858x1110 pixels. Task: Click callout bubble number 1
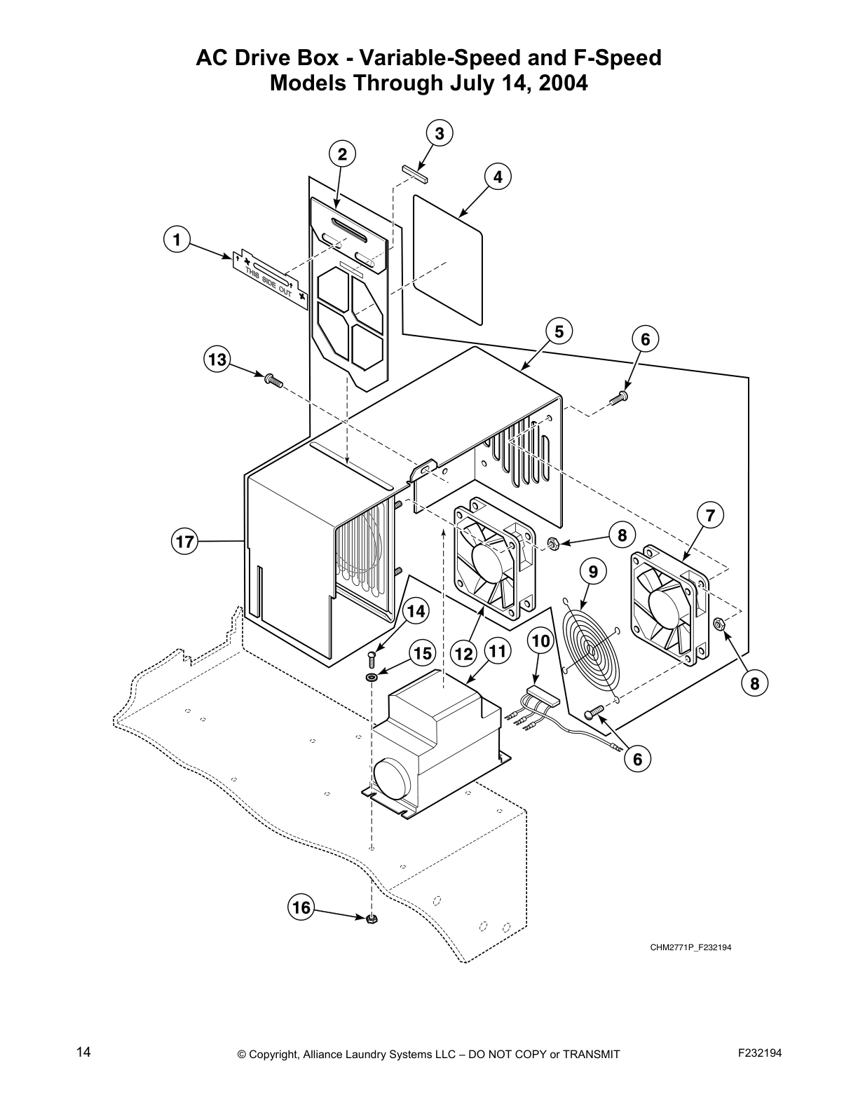(x=177, y=240)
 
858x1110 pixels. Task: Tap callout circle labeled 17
(x=184, y=542)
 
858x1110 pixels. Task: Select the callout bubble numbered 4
(x=497, y=177)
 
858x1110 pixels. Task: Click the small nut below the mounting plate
(x=372, y=919)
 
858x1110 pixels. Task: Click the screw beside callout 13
(x=272, y=381)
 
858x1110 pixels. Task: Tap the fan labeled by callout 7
(x=670, y=604)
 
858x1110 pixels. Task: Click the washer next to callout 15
(x=371, y=677)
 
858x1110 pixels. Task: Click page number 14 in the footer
(x=83, y=1052)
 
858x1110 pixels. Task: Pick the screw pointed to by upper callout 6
(x=618, y=397)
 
